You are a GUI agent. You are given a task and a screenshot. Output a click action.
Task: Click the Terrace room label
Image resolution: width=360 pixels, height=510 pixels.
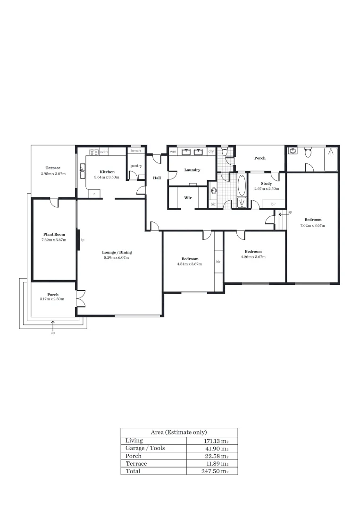[x=53, y=168]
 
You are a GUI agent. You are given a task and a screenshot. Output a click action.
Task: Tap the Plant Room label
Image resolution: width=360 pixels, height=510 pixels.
[x=53, y=234]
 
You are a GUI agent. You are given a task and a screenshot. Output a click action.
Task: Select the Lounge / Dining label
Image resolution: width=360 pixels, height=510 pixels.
[x=116, y=252]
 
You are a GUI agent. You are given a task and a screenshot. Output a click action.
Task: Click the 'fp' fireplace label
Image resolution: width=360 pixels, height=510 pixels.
[x=83, y=240]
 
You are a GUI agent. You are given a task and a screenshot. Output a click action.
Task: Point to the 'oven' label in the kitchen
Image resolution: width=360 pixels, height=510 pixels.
[x=104, y=152]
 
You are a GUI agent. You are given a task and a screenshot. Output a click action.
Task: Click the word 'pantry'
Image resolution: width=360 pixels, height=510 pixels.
[x=136, y=166]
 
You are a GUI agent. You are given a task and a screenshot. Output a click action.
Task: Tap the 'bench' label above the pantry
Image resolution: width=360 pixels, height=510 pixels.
[x=136, y=151]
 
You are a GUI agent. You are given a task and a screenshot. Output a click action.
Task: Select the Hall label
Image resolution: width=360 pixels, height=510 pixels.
[x=157, y=178]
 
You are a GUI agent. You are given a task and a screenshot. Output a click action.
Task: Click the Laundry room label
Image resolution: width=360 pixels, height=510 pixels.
[x=192, y=170]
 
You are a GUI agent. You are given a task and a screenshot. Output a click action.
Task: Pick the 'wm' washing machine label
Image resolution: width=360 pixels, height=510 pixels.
[x=173, y=152]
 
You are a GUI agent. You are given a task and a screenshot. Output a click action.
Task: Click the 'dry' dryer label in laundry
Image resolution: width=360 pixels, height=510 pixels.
[x=211, y=152]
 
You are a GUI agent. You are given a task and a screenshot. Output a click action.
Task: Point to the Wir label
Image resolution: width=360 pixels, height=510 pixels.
[x=188, y=197]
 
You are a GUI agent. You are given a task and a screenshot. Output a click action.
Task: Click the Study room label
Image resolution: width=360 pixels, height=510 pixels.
[x=267, y=183]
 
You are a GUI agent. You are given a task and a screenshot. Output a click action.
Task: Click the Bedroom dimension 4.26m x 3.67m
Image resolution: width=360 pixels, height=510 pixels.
[x=253, y=257]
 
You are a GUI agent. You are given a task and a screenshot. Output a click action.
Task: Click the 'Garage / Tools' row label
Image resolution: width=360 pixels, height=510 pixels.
[x=145, y=448]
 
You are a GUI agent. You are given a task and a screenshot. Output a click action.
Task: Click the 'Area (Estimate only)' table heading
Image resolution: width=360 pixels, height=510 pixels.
[x=179, y=432]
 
